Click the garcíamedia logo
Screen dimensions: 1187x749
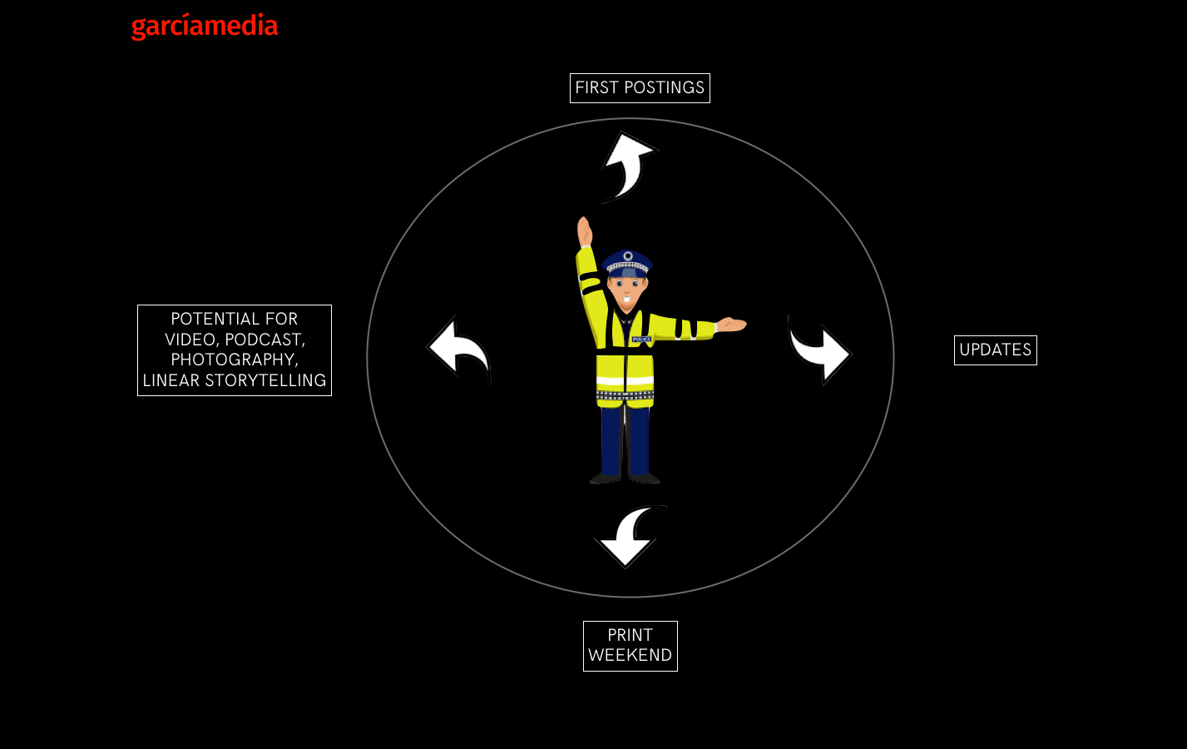(x=205, y=27)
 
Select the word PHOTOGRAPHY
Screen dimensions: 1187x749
(x=235, y=360)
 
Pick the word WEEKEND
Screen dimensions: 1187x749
(x=630, y=656)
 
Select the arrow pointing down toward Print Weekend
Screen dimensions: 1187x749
(x=630, y=537)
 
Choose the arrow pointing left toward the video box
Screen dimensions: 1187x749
(x=459, y=349)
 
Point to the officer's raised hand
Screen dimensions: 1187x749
(x=584, y=231)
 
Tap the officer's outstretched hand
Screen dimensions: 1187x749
(x=730, y=325)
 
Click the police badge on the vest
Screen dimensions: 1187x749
(x=640, y=340)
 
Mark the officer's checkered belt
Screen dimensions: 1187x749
(x=625, y=395)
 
